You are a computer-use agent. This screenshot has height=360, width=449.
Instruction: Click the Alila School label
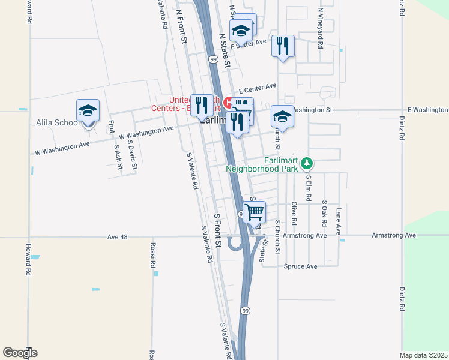pyautogui.click(x=57, y=123)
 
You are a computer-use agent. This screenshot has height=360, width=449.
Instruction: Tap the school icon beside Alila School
pyautogui.click(x=88, y=111)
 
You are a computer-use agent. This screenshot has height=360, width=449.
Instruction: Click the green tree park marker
pyautogui.click(x=307, y=163)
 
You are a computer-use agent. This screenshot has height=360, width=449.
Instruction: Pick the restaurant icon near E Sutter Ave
pyautogui.click(x=283, y=46)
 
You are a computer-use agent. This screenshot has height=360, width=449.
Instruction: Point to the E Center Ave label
pyautogui.click(x=257, y=86)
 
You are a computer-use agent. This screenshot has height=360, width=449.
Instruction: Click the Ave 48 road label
pyautogui.click(x=118, y=237)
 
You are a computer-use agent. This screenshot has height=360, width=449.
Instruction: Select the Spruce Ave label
pyautogui.click(x=300, y=266)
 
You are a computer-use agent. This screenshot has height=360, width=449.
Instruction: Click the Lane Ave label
pyautogui.click(x=339, y=221)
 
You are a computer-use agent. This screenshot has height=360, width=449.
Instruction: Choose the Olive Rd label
pyautogui.click(x=294, y=212)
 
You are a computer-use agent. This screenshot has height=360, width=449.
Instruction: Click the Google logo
pyautogui.click(x=20, y=353)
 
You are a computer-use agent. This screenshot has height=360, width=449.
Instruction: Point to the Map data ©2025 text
pyautogui.click(x=423, y=355)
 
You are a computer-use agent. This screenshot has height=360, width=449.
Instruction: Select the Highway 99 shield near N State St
pyautogui.click(x=213, y=59)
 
